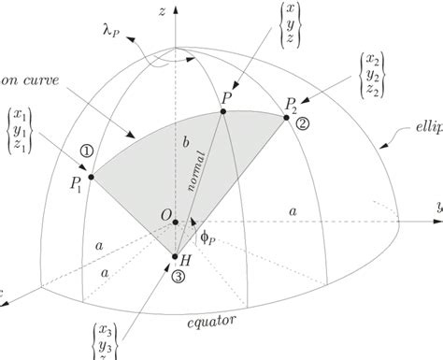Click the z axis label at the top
(163, 12)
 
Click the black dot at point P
(224, 111)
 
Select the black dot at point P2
(284, 112)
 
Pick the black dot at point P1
(91, 175)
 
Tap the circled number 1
(86, 150)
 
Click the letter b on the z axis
(185, 142)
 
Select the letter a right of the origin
(292, 213)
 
